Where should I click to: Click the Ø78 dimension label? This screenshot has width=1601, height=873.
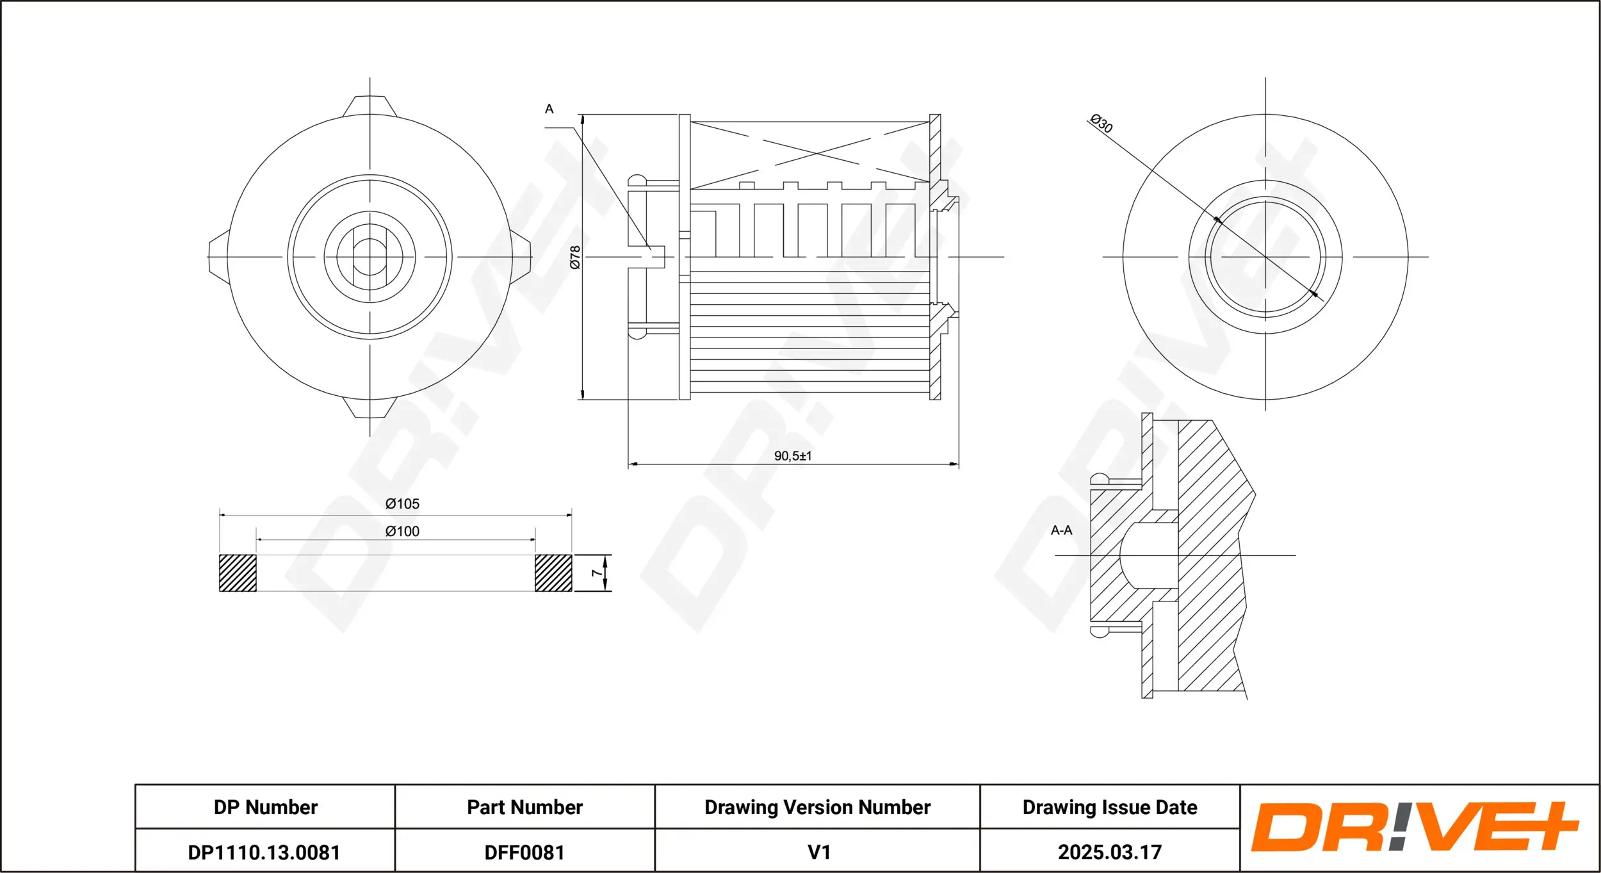point(575,257)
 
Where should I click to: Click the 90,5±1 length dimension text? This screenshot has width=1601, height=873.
point(792,456)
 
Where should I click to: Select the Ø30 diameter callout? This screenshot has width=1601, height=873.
point(1101,123)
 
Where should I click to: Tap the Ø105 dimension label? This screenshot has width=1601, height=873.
point(402,504)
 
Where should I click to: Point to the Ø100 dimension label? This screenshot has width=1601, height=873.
point(402,532)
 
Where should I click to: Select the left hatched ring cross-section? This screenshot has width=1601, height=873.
point(238,573)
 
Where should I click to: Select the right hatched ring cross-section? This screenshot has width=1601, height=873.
point(553,573)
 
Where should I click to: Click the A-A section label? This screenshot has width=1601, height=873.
point(1061,530)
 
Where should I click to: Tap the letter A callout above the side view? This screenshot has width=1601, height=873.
point(549,110)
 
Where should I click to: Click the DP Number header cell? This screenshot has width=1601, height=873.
point(265,807)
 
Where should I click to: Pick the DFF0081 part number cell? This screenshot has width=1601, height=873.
point(524,853)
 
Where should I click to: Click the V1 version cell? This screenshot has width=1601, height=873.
point(818,853)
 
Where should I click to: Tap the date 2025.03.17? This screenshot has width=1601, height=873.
point(1109,853)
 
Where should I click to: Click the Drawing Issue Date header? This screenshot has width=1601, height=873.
point(1109,807)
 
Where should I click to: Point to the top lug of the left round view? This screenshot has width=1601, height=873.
point(370,106)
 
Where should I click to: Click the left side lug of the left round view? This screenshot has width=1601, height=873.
point(218,257)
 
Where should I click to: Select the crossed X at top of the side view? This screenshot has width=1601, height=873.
point(809,153)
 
